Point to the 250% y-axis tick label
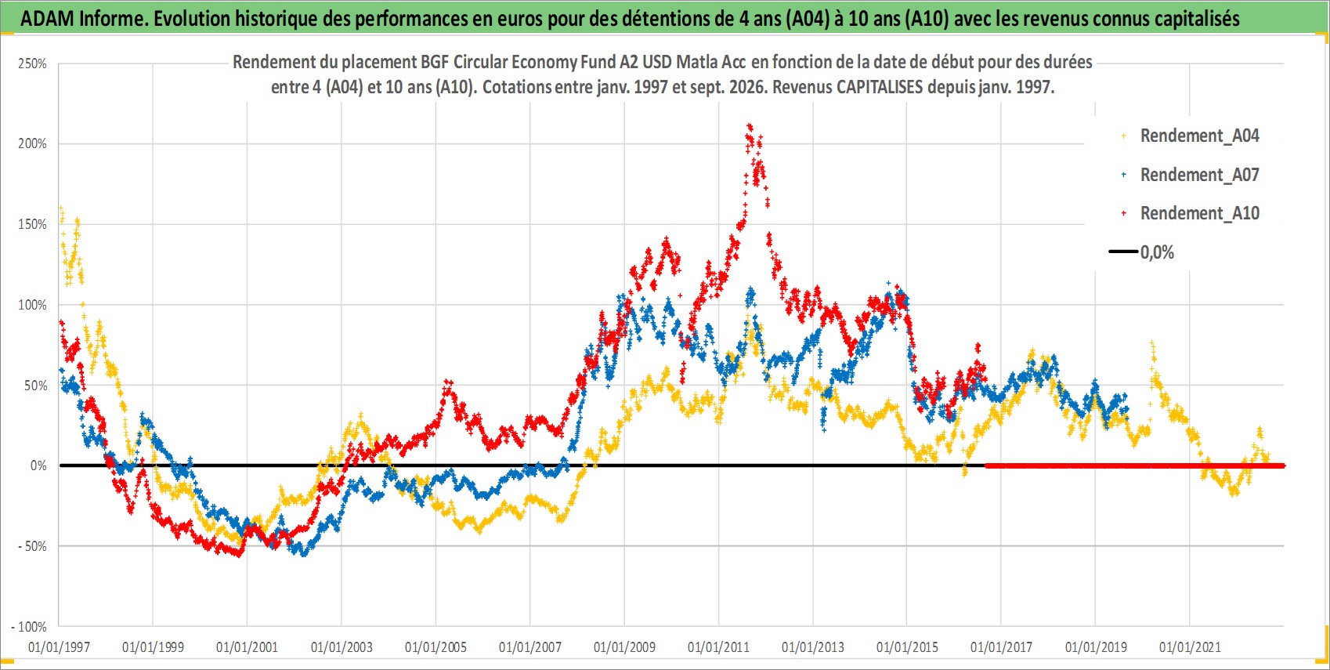[x=33, y=63]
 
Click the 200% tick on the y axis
[x=33, y=143]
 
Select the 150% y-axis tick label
[x=33, y=225]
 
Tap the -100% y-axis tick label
[x=29, y=627]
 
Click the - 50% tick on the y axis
[x=31, y=546]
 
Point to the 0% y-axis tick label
[x=38, y=465]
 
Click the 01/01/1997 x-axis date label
[x=59, y=646]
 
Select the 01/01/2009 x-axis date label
[x=624, y=646]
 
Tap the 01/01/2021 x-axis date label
[x=1190, y=646]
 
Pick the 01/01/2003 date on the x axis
[x=342, y=646]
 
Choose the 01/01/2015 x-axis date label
[x=907, y=646]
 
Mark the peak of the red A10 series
[x=750, y=126]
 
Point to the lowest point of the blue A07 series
[x=304, y=554]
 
